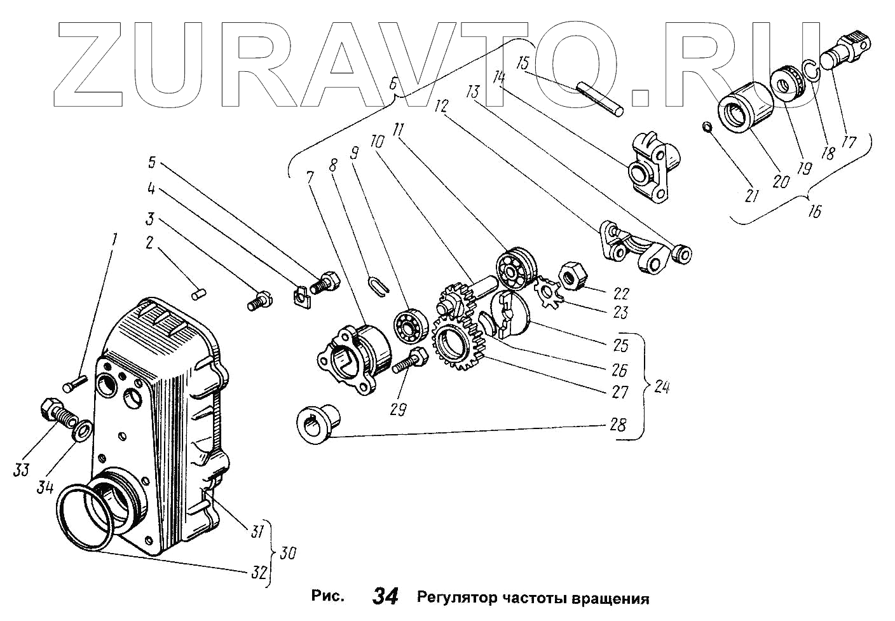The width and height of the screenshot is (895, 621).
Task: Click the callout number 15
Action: pos(523,64)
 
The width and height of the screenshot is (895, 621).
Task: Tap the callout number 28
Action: pos(618,425)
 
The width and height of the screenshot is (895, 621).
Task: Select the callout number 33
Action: pos(22,470)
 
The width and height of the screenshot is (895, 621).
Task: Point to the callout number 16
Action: pos(814,211)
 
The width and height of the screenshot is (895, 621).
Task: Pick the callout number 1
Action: pos(114,240)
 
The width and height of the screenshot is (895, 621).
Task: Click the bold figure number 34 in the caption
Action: pos(385,596)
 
